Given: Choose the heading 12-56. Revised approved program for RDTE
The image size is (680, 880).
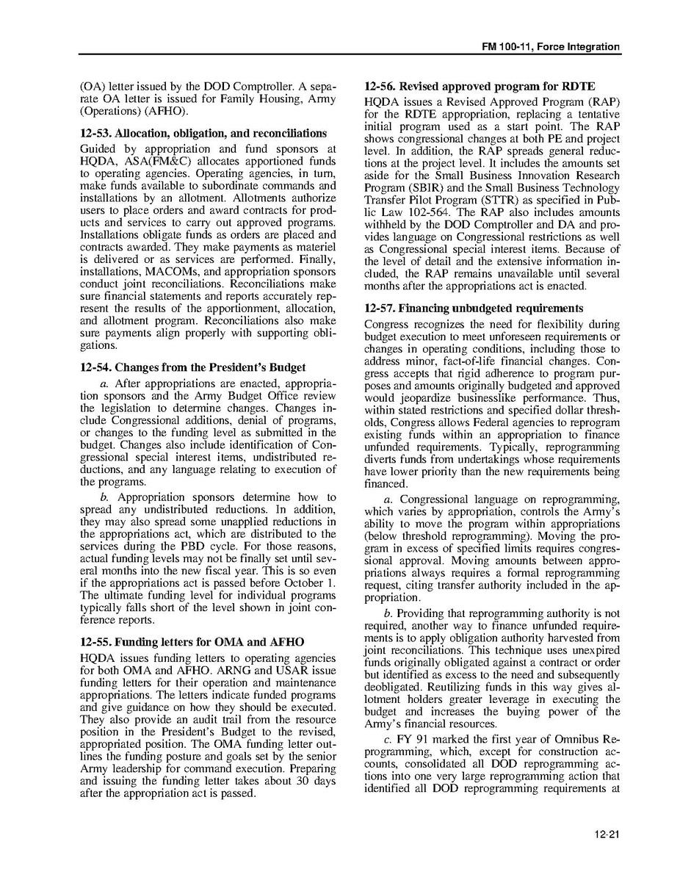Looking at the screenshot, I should click(480, 87).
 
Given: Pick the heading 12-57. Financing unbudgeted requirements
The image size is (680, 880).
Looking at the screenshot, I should click(474, 309).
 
